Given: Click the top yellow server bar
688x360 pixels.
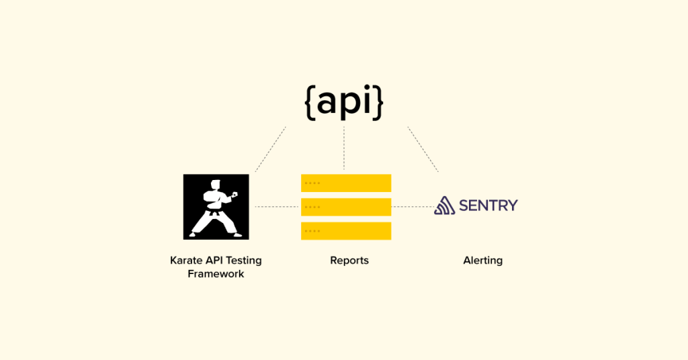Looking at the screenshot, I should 346,183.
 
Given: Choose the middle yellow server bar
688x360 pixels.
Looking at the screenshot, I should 346,207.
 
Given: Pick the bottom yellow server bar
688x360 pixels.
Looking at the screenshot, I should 346,231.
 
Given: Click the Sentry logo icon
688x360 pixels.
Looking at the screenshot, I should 444,206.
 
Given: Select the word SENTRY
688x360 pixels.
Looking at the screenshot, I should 488,206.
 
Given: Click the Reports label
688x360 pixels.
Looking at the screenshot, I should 349,261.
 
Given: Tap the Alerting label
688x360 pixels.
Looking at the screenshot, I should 482,261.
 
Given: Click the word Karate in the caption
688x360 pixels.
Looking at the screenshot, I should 187,261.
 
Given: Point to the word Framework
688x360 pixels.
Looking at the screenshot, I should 216,274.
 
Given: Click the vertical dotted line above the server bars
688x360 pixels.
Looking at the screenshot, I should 344,148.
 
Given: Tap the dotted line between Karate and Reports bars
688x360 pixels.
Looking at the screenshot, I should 275,207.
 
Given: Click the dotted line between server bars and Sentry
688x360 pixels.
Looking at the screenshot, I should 412,207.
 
